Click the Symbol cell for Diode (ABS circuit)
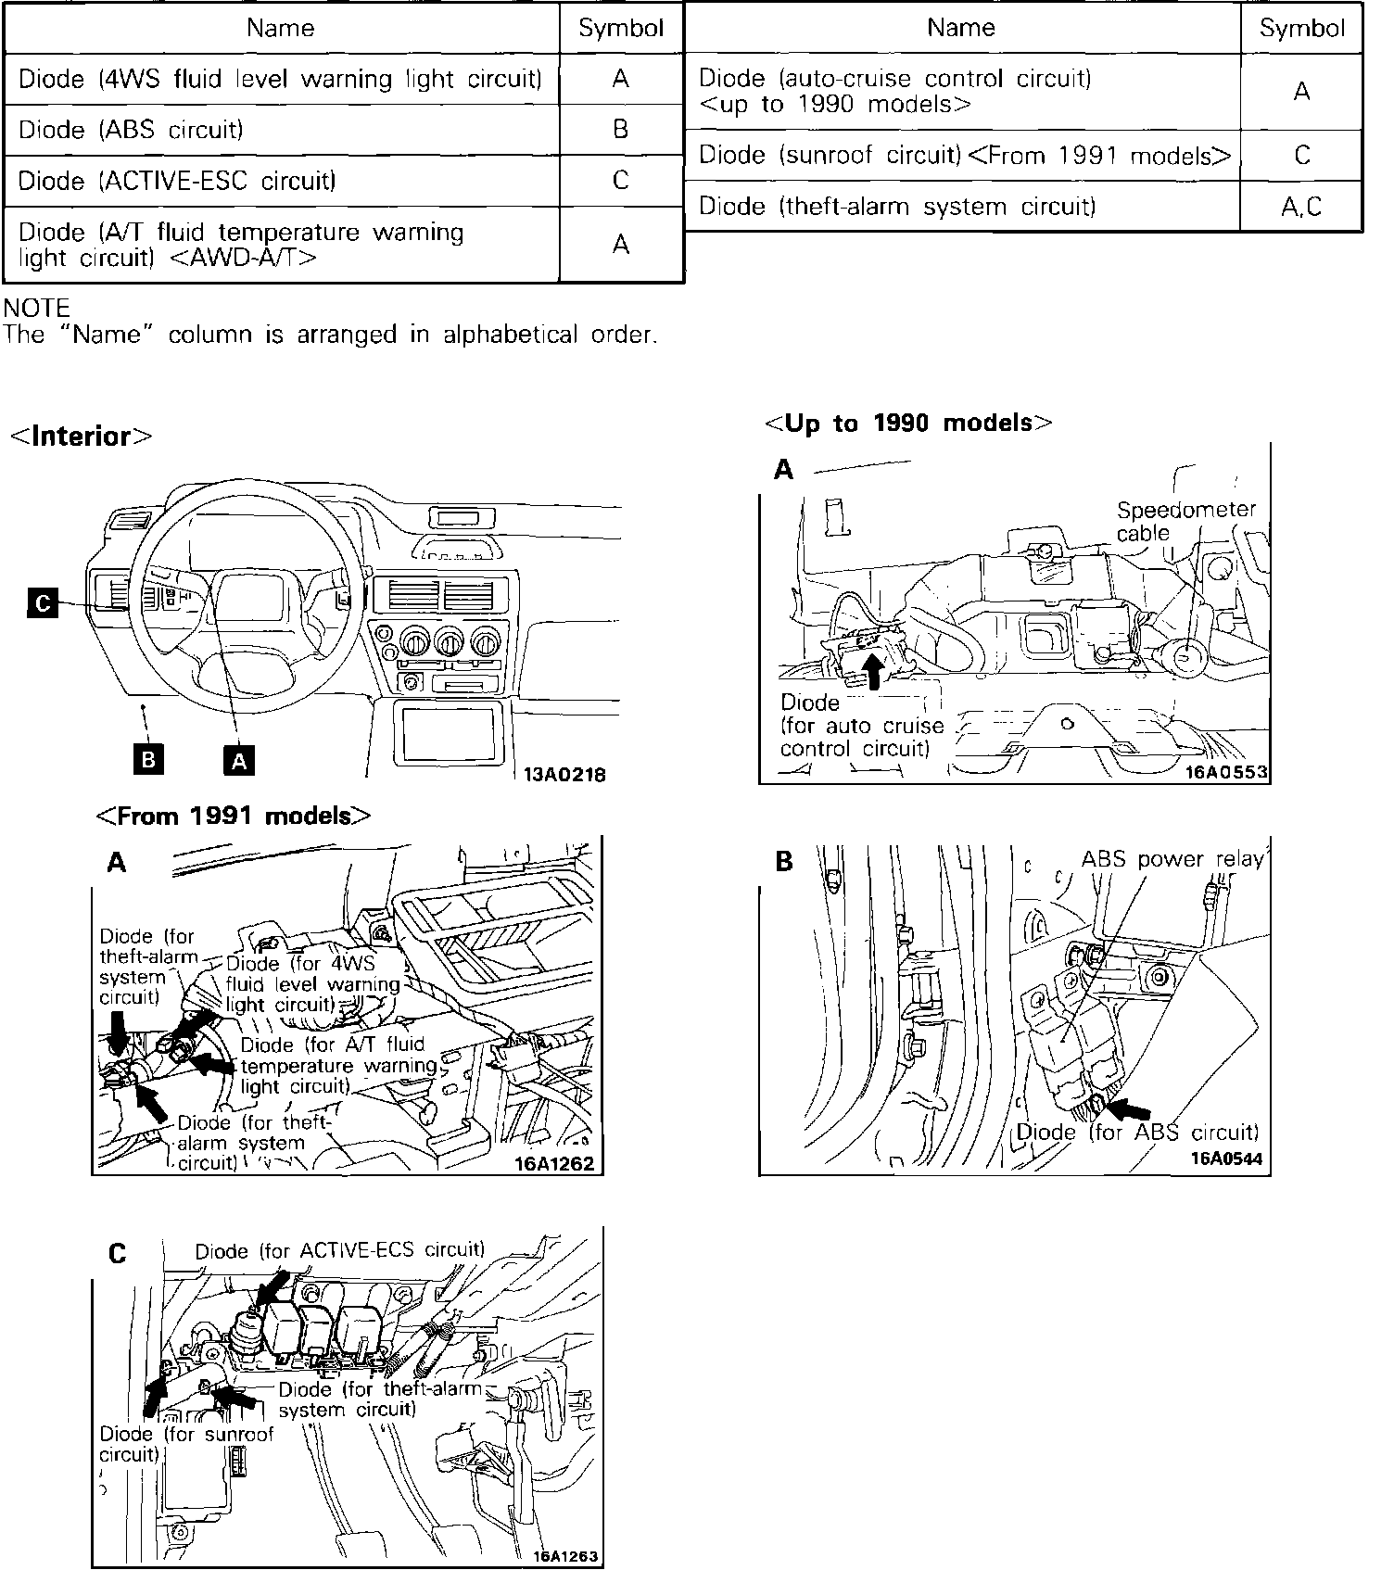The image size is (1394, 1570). point(621,129)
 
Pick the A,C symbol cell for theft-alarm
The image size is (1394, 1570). point(1301,207)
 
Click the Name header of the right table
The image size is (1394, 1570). point(961,28)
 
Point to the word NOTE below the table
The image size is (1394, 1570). point(37,308)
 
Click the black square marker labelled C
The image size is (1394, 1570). point(42,603)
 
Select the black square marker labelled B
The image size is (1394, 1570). point(147,759)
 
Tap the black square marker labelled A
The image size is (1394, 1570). point(239,760)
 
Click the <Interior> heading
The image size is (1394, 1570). point(81,437)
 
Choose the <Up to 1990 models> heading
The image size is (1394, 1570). point(908,424)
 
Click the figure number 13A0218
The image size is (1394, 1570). point(564,775)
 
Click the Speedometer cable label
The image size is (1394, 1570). point(1185,521)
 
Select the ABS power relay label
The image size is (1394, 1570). point(1172,859)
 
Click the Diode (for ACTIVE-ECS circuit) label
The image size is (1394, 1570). point(339,1250)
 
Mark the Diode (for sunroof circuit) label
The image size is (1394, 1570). point(185,1444)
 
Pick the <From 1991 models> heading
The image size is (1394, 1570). point(234,817)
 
